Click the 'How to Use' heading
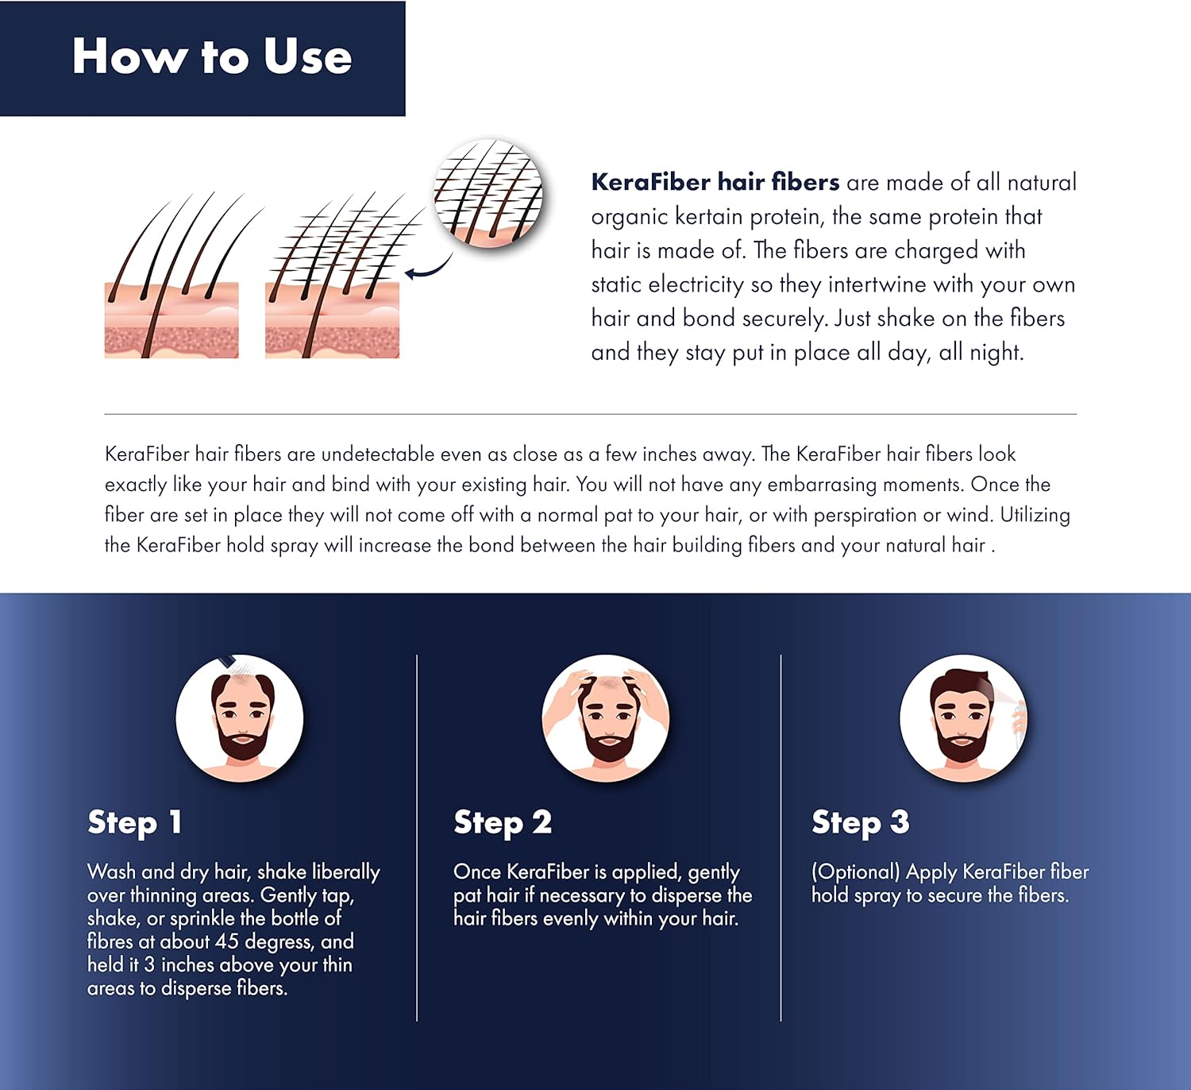211,56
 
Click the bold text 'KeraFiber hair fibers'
715,182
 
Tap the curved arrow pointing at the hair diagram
429,269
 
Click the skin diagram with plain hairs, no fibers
172,278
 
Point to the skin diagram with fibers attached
333,278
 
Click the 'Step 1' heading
135,822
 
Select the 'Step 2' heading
502,822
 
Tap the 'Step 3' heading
860,822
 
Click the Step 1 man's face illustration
240,718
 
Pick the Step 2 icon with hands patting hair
606,718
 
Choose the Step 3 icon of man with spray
963,718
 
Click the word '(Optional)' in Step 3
855,872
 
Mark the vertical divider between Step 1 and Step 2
417,837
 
